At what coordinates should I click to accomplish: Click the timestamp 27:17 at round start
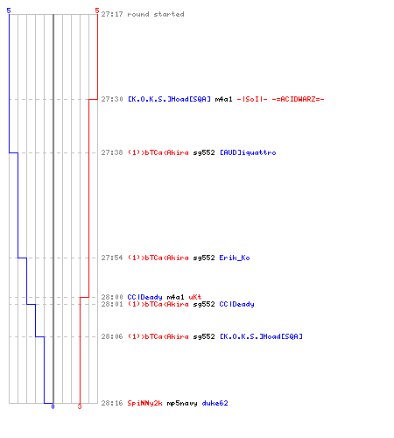click(x=112, y=14)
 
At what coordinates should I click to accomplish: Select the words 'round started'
click(x=156, y=14)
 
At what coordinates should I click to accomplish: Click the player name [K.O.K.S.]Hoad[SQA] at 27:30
click(x=169, y=99)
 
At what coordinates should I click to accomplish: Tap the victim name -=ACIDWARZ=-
click(x=298, y=99)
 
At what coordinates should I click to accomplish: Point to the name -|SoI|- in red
click(x=252, y=99)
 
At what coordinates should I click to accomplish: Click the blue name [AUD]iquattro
click(x=248, y=152)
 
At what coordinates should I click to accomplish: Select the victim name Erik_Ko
click(x=235, y=258)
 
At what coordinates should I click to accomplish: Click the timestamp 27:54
click(x=112, y=258)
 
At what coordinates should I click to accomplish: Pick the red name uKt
click(x=195, y=297)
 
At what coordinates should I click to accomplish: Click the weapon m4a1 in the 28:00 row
click(x=175, y=297)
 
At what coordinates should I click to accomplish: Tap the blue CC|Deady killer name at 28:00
click(x=144, y=297)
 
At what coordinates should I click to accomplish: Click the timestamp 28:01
click(x=112, y=304)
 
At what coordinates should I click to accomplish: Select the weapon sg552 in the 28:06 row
click(x=204, y=336)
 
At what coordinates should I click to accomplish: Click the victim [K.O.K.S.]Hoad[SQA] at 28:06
click(x=261, y=336)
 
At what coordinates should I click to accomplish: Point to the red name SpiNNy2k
click(x=144, y=403)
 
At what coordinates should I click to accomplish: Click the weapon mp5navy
click(x=182, y=403)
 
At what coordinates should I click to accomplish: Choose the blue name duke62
click(x=215, y=403)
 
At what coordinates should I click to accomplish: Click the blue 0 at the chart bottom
click(x=53, y=406)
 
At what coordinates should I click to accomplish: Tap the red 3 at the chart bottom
click(x=80, y=406)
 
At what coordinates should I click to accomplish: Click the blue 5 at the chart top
click(x=9, y=11)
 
